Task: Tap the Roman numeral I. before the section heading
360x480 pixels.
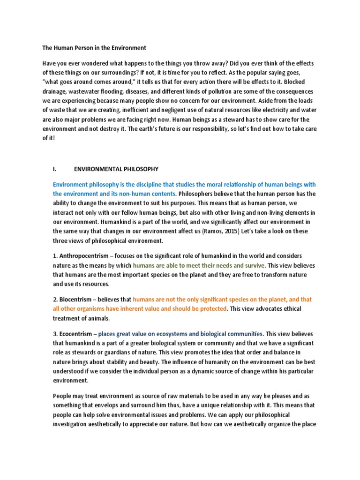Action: tap(55, 169)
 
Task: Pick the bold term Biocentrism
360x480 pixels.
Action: tap(75, 299)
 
